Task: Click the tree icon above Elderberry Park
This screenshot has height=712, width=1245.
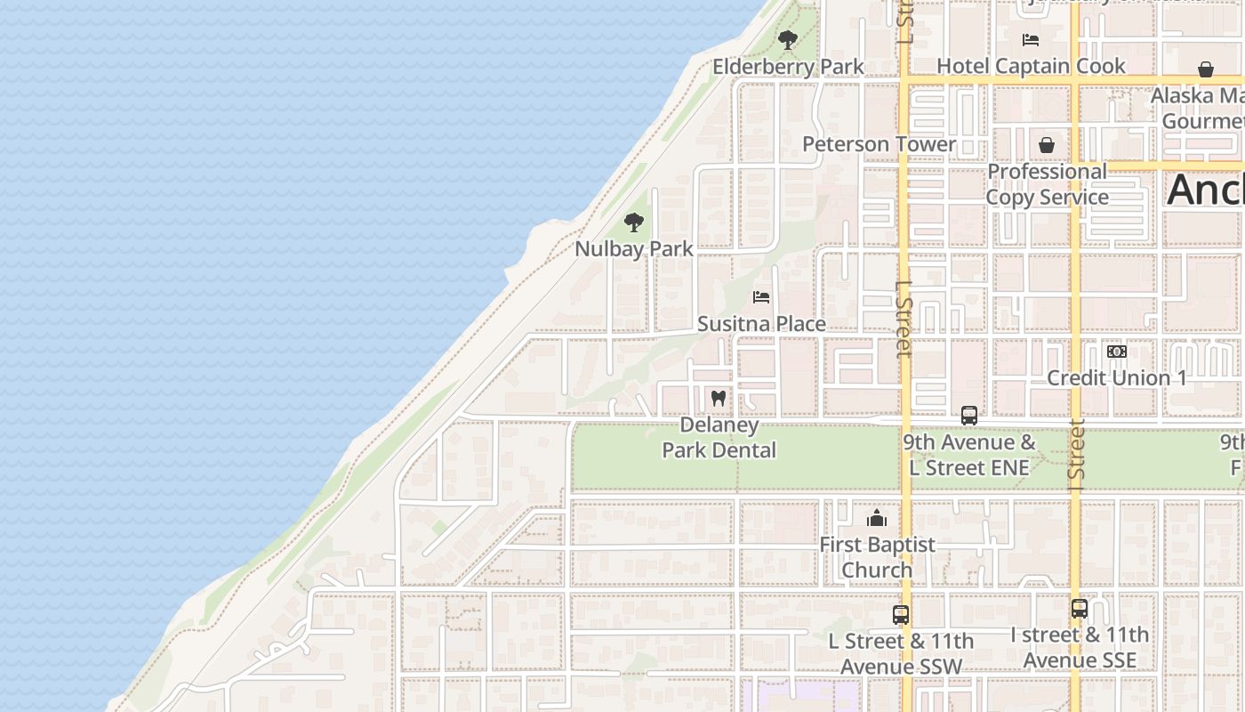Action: (787, 40)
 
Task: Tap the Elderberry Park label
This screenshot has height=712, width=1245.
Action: (788, 67)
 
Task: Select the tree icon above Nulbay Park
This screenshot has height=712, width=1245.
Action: (633, 222)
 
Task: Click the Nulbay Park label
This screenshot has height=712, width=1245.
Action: (633, 249)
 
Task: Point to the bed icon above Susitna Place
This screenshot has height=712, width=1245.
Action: (761, 297)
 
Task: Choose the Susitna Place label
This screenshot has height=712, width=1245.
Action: (761, 324)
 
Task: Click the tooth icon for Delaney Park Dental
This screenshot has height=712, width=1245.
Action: (719, 398)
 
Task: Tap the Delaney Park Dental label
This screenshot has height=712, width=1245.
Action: (719, 438)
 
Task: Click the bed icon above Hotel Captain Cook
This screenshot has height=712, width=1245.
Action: (1031, 40)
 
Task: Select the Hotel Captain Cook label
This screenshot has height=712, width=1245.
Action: (1031, 66)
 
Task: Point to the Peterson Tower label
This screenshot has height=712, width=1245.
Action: (879, 144)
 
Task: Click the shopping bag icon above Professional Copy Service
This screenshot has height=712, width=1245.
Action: (1047, 144)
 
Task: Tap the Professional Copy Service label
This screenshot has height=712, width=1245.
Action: (1047, 184)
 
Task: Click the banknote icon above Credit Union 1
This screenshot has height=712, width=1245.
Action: (1117, 352)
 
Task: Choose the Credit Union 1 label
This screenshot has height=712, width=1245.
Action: (1117, 377)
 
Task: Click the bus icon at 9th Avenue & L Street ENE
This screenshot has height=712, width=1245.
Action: (969, 416)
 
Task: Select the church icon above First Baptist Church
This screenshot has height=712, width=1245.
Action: (877, 518)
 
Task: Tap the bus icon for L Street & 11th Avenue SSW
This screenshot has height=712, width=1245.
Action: (901, 614)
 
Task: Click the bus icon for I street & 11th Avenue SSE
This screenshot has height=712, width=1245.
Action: (1080, 609)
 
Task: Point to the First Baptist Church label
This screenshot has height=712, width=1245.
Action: (877, 557)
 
